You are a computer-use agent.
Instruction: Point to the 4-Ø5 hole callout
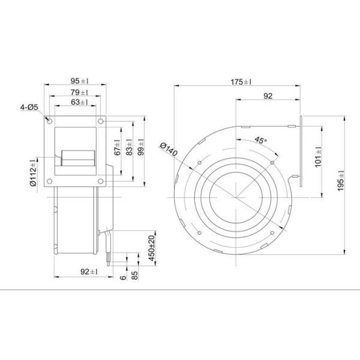[x=28, y=107]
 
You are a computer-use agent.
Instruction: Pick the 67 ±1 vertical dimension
[x=118, y=148]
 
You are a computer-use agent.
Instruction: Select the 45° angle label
[x=260, y=140]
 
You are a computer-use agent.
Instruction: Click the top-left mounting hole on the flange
[x=50, y=121]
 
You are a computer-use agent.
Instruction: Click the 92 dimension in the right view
[x=268, y=95]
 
